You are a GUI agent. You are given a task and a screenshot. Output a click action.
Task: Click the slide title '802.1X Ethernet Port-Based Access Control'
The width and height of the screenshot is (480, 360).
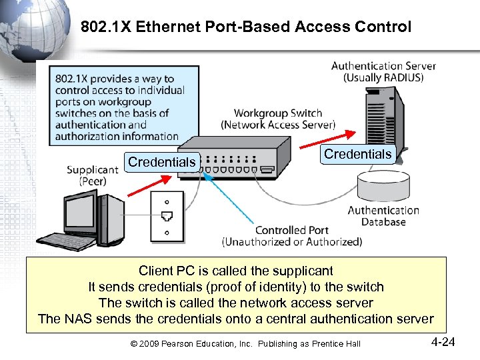click(246, 27)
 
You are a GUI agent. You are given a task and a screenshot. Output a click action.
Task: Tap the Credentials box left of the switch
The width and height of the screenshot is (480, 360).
click(162, 162)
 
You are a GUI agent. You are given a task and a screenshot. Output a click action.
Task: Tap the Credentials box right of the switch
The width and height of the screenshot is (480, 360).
click(357, 154)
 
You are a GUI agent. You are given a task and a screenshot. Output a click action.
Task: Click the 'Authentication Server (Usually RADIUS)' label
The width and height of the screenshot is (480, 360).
click(383, 71)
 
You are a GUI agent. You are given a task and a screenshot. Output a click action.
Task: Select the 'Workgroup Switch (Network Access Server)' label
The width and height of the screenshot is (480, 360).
click(278, 119)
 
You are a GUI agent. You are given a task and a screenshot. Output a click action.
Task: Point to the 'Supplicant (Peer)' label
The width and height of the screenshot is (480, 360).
click(93, 175)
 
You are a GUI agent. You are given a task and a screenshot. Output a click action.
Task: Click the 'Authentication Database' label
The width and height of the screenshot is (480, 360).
click(383, 215)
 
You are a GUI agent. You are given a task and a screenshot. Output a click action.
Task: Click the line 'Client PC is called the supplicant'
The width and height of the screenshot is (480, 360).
click(235, 271)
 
